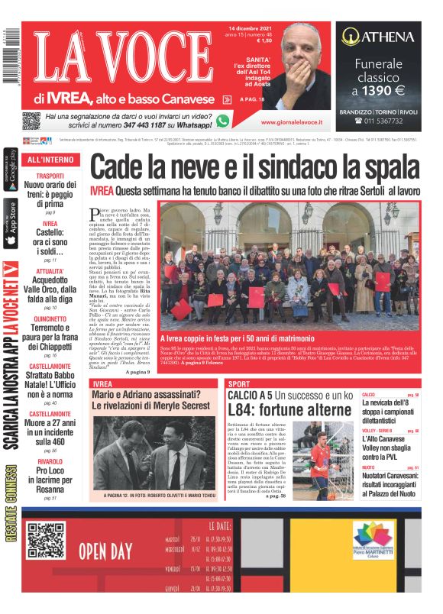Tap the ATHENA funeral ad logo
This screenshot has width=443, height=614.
tap(378, 36)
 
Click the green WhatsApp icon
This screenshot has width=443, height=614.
tap(222, 121)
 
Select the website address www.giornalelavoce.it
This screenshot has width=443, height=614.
tap(290, 121)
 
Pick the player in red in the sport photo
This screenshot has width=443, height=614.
tap(320, 461)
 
